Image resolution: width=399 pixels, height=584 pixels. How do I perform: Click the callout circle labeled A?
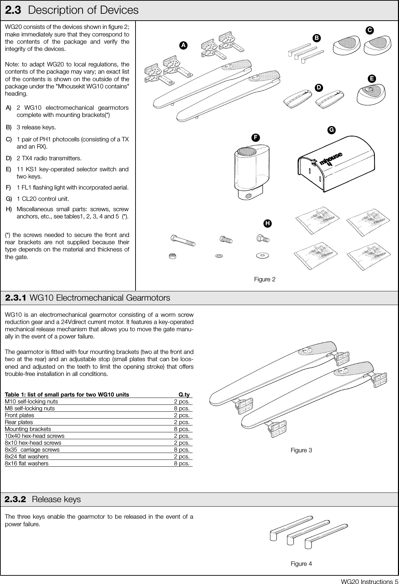point(184,45)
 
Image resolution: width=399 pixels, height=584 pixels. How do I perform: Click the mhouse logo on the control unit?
point(331,159)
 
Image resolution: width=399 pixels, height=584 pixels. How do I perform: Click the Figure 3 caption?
point(301,450)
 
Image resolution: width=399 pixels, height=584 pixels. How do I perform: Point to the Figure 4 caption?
point(301,564)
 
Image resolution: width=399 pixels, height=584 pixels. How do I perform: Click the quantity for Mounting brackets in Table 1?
point(182,429)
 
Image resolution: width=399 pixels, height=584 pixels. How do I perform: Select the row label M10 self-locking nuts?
point(31,401)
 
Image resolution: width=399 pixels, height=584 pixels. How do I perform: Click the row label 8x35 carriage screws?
point(32,450)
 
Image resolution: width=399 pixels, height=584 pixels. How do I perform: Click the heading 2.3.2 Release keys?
point(43,499)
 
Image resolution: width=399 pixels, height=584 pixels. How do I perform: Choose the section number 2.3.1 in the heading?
point(16,298)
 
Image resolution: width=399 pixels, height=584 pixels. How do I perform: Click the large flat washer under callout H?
point(263,256)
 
